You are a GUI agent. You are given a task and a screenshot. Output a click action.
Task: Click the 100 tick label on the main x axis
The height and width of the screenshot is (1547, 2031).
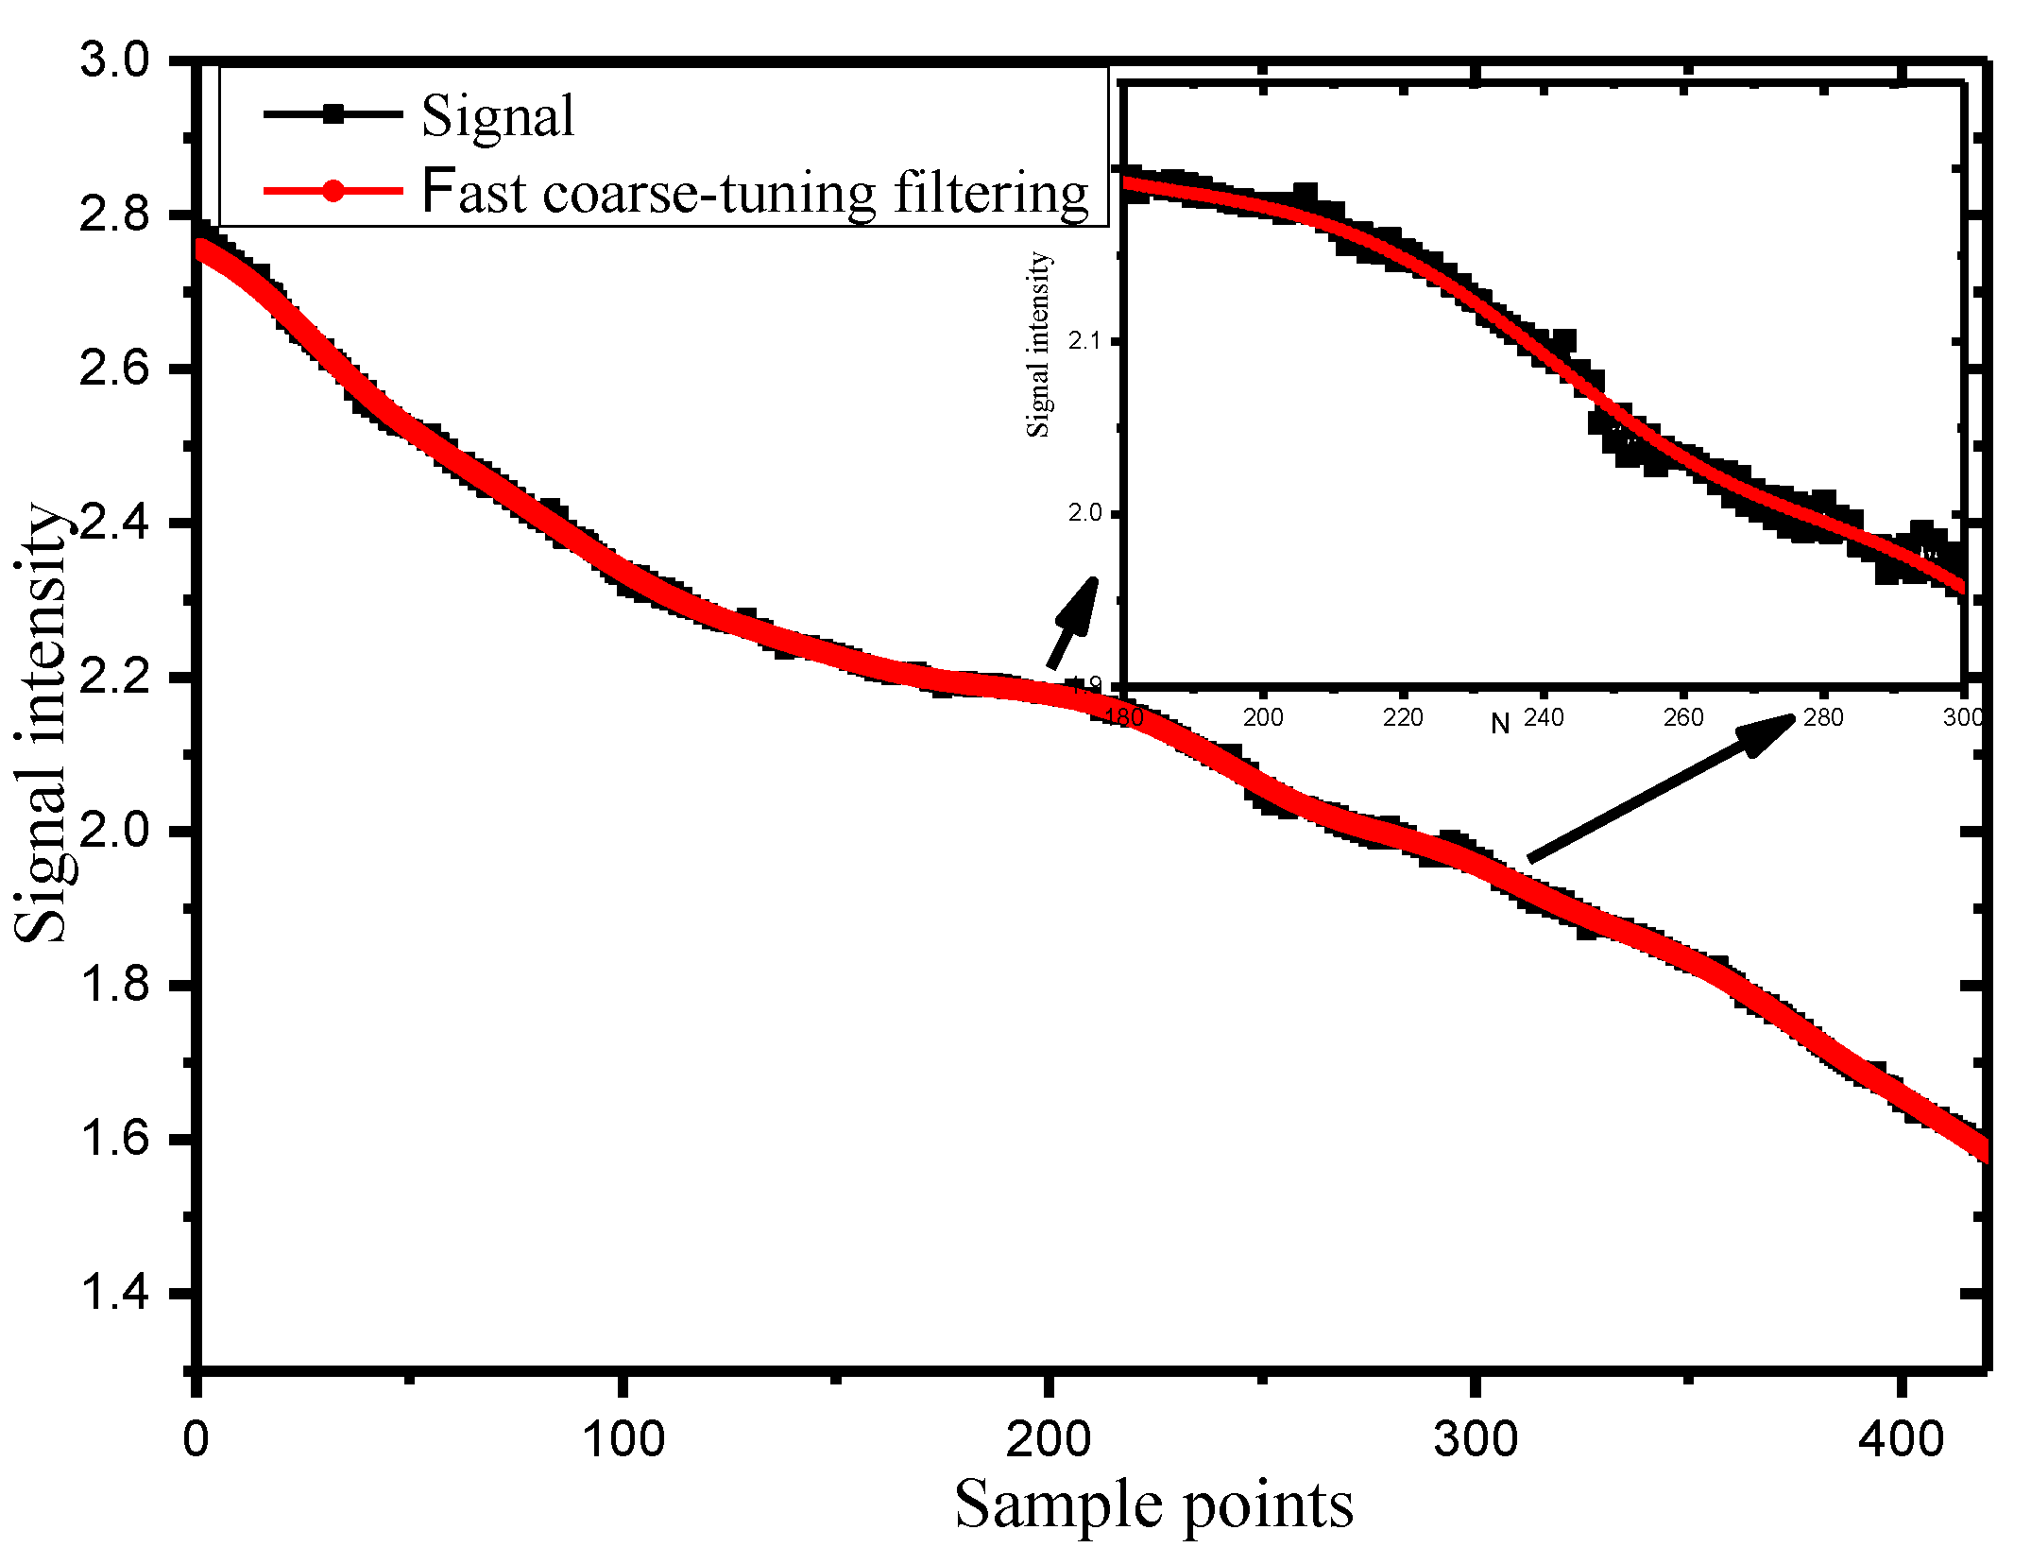tap(623, 1438)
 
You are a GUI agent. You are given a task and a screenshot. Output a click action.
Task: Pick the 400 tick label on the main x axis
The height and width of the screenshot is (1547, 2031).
tap(1901, 1438)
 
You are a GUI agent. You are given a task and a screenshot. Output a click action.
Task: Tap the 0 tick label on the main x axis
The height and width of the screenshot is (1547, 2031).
tap(196, 1438)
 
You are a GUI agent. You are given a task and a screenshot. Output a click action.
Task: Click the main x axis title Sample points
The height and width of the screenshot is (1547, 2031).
tap(1153, 1504)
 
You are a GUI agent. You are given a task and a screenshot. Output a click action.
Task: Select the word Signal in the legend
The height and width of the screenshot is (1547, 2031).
tap(497, 117)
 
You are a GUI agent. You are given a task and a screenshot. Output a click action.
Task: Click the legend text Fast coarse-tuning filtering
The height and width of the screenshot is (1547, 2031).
tap(754, 192)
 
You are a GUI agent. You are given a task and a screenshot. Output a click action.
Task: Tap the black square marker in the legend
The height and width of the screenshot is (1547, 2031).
tap(333, 114)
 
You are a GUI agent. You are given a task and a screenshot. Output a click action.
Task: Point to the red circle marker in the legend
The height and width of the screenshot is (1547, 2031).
tap(333, 191)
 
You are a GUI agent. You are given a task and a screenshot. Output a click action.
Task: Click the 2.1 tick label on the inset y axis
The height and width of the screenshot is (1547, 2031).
tap(1084, 340)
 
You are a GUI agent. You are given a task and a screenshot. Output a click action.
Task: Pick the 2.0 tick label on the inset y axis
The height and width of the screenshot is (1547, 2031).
tap(1084, 513)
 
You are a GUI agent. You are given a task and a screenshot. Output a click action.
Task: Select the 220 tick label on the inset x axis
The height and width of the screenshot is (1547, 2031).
tap(1403, 718)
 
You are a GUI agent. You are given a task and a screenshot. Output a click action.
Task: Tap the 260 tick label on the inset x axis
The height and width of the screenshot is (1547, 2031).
tap(1683, 718)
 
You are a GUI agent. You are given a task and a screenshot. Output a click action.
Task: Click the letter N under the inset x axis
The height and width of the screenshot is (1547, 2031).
tap(1500, 725)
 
